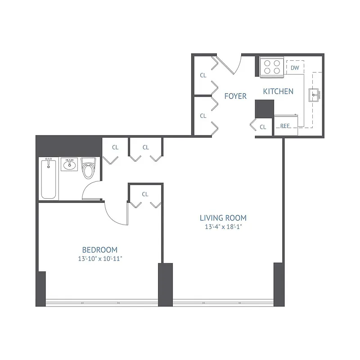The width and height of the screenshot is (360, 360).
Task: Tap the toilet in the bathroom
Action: tap(88, 169)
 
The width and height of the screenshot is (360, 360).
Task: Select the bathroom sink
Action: tap(69, 164)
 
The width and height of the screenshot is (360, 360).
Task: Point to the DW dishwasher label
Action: tap(295, 68)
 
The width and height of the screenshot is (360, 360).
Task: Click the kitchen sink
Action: tap(314, 94)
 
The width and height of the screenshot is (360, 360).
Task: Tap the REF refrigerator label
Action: tap(285, 126)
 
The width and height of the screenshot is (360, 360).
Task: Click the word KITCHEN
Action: tap(278, 91)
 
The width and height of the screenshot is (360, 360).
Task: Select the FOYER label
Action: tap(235, 96)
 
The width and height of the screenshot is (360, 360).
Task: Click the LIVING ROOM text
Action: tap(223, 218)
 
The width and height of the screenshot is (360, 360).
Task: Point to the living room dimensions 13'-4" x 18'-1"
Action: tap(223, 227)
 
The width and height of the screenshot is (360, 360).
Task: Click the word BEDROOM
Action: tap(100, 250)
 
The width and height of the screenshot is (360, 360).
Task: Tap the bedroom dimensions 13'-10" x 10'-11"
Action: tap(100, 259)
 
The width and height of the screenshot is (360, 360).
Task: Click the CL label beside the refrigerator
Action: tap(263, 127)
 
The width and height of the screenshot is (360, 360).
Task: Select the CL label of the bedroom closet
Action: tap(145, 194)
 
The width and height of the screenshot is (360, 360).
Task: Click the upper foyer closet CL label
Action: tap(203, 76)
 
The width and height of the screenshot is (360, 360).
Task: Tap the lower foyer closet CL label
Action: tap(203, 116)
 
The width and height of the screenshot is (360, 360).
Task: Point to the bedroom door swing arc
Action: tap(115, 214)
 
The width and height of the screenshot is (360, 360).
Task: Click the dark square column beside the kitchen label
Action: tap(265, 108)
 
